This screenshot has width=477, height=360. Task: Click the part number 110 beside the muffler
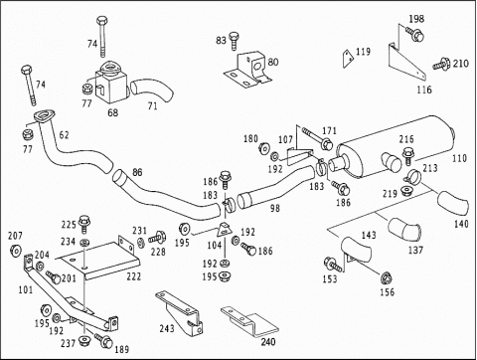459,158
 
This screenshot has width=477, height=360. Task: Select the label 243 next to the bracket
167,328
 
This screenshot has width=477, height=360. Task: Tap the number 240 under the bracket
268,341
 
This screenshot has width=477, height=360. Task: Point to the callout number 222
133,276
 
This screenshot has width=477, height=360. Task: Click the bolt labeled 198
414,34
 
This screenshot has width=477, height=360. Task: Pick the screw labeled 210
441,64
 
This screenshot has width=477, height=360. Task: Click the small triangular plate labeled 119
348,59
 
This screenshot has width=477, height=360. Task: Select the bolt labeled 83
235,41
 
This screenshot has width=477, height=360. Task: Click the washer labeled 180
264,148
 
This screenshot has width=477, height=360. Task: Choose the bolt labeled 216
408,156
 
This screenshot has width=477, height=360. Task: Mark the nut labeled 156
387,278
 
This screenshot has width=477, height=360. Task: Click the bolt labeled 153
333,265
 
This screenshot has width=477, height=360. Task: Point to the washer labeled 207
16,251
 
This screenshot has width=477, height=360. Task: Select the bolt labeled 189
104,340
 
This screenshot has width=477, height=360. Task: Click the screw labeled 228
157,238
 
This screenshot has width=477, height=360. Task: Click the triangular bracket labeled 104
225,230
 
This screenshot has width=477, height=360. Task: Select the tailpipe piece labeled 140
453,204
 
